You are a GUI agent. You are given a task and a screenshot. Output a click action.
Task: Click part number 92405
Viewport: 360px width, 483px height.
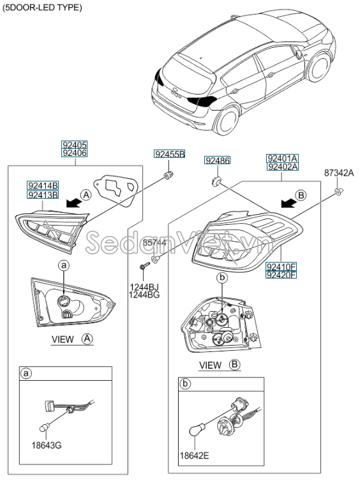(x=74, y=145)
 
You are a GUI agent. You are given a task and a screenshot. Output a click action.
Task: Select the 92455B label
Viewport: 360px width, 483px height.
(x=169, y=154)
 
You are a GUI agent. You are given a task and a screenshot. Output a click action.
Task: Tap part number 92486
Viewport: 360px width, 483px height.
(x=217, y=160)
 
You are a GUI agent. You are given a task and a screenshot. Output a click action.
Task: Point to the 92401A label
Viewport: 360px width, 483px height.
(x=282, y=158)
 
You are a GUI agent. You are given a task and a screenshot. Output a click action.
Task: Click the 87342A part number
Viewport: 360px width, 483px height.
(x=338, y=172)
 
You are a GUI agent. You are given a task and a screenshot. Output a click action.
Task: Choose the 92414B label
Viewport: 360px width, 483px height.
(x=42, y=185)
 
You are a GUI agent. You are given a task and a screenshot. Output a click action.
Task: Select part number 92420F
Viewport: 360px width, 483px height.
(x=281, y=275)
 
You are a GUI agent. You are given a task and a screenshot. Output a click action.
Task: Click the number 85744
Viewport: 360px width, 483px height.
(x=153, y=243)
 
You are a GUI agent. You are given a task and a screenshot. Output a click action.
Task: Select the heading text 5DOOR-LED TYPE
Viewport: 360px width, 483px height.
(x=42, y=8)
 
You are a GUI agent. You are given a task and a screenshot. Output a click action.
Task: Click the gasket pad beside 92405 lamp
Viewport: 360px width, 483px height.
(x=116, y=189)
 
